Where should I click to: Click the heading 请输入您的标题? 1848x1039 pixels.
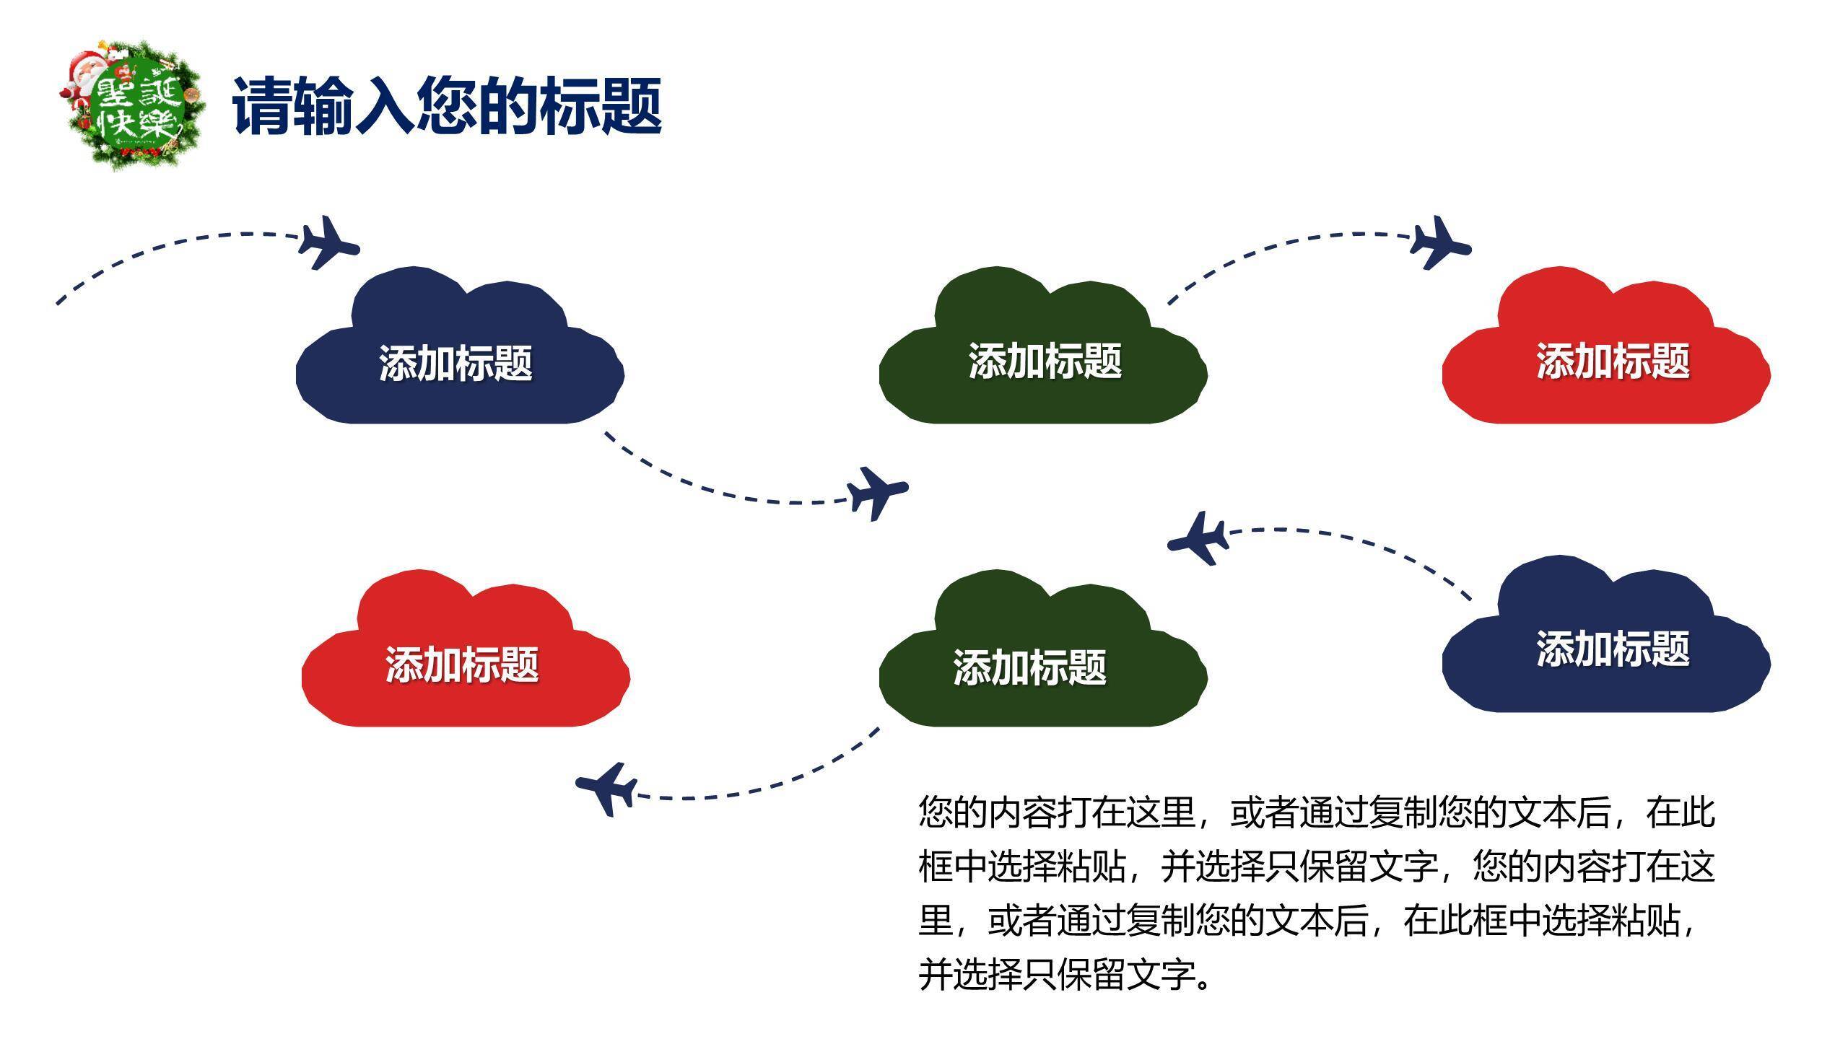click(x=447, y=107)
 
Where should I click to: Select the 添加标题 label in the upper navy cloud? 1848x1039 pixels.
click(x=456, y=363)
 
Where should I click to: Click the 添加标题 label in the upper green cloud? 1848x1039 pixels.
click(x=1045, y=361)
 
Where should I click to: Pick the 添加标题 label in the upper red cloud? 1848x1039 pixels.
click(x=1613, y=361)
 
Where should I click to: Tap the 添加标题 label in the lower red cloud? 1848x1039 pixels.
click(x=461, y=665)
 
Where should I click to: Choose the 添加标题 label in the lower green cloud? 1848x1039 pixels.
click(x=1029, y=667)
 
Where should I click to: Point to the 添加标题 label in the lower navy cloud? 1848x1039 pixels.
click(x=1613, y=649)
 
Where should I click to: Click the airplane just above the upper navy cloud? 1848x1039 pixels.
click(x=328, y=243)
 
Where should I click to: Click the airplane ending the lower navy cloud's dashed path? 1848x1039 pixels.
click(x=1199, y=539)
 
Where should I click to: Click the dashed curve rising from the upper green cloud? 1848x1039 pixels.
click(x=1278, y=245)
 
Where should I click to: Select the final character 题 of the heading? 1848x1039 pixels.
click(x=631, y=107)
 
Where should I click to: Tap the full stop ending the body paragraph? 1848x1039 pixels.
click(x=1203, y=981)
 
